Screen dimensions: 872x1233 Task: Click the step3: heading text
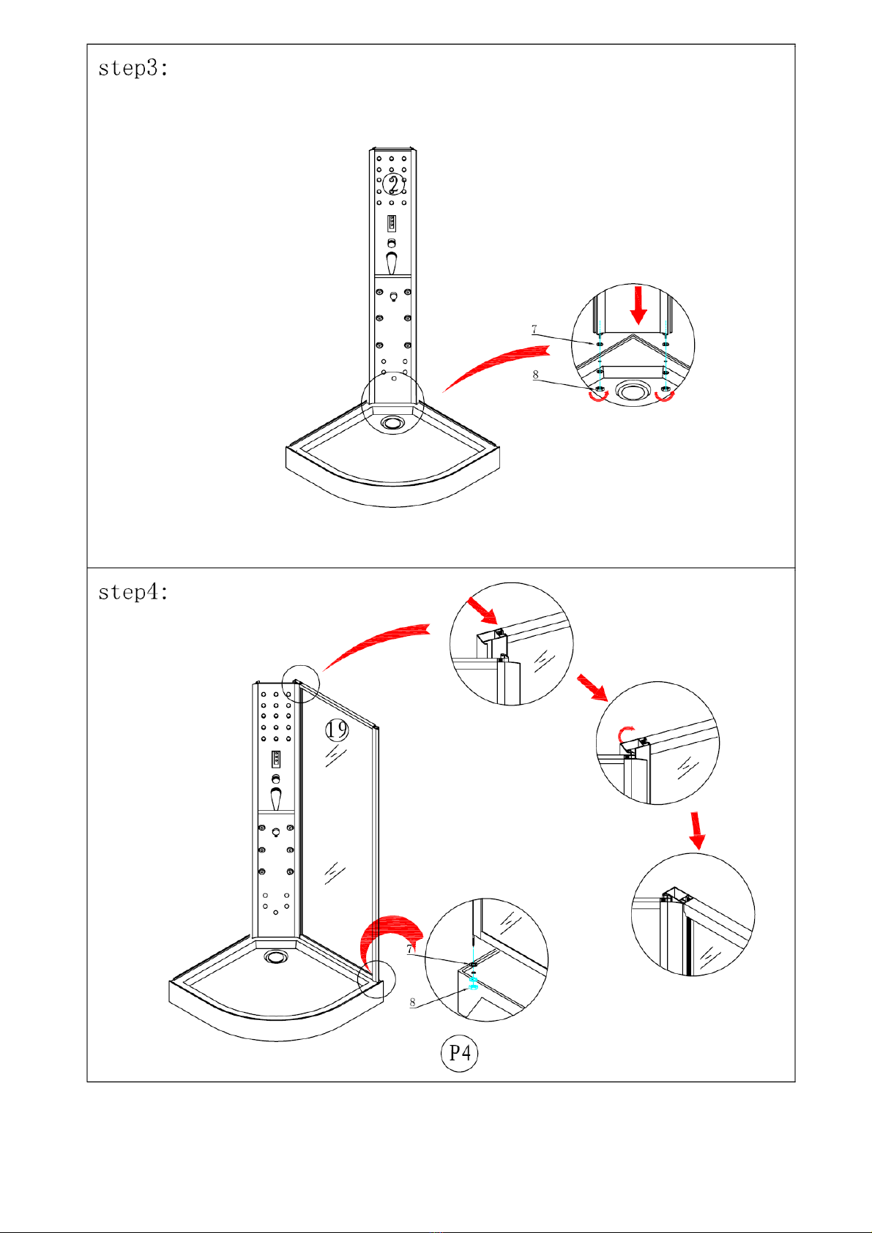click(x=133, y=68)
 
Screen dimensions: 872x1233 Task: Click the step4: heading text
click(x=133, y=592)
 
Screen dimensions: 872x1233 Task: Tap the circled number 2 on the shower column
click(x=394, y=184)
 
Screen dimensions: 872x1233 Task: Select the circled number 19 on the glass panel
click(x=337, y=730)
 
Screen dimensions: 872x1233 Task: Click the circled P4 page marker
click(x=459, y=1053)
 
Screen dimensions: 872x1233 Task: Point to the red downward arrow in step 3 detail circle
click(x=638, y=305)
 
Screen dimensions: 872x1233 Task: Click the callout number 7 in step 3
click(x=534, y=329)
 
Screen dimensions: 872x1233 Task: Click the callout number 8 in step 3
click(x=535, y=375)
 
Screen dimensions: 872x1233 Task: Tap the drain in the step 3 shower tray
click(x=392, y=423)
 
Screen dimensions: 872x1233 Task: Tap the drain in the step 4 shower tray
click(x=275, y=956)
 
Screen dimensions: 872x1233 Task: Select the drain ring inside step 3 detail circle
click(x=633, y=391)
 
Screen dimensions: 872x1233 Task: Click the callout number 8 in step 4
click(x=413, y=1003)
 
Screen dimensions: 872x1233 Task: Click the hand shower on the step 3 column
click(x=391, y=263)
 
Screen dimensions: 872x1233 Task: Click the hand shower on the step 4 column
click(x=275, y=799)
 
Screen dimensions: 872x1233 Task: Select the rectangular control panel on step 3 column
click(x=392, y=223)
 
